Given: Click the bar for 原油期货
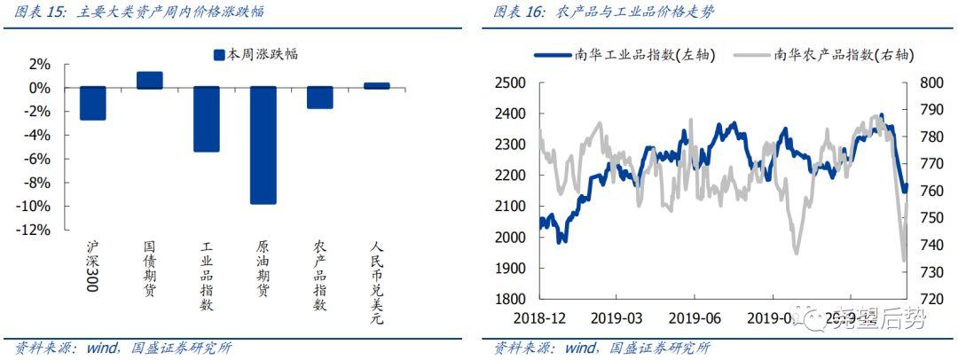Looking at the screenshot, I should click(x=263, y=145).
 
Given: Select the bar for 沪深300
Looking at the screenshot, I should click(x=92, y=103).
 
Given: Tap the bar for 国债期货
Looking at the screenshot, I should click(x=149, y=81).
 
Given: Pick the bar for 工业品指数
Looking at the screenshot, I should click(x=206, y=119).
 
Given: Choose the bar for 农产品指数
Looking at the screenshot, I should click(x=319, y=98).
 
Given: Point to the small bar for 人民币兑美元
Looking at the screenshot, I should click(x=376, y=86).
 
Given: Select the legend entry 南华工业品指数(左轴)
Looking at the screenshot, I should click(x=626, y=54).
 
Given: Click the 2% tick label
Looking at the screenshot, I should click(x=39, y=64).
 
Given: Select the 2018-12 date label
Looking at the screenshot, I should click(x=538, y=318).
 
